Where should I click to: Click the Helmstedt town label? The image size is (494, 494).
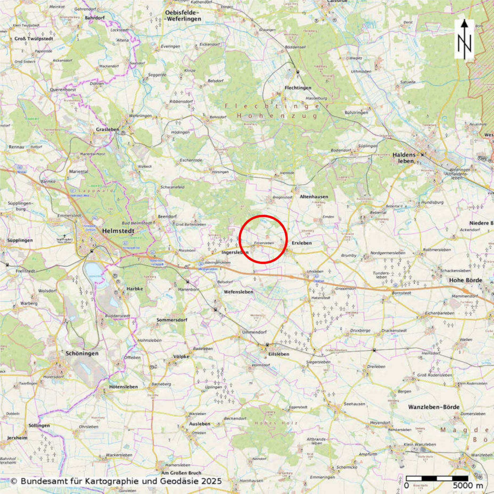coord(118,231)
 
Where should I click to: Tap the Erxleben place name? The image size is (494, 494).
coord(301,243)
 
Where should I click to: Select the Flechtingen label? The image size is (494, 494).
coord(298,88)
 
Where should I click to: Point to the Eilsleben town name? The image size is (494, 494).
coord(279,354)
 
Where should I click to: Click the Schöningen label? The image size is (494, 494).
coord(82,353)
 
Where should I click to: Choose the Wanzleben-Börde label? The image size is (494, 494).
coord(434,407)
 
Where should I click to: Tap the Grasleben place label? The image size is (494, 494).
coord(107,129)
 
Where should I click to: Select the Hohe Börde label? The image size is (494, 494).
coord(466,280)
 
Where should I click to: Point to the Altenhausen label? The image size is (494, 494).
coord(314,197)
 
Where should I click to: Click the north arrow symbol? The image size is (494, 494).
coord(464,39)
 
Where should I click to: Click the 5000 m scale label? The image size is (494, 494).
coord(468,485)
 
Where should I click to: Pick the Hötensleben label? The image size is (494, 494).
coord(123,387)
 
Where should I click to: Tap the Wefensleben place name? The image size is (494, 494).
coord(238,292)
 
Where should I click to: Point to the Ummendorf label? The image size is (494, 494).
coord(254,332)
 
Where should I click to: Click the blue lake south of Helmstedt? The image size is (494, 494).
coord(93,270)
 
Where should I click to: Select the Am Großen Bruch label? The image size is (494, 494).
coord(181,473)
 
